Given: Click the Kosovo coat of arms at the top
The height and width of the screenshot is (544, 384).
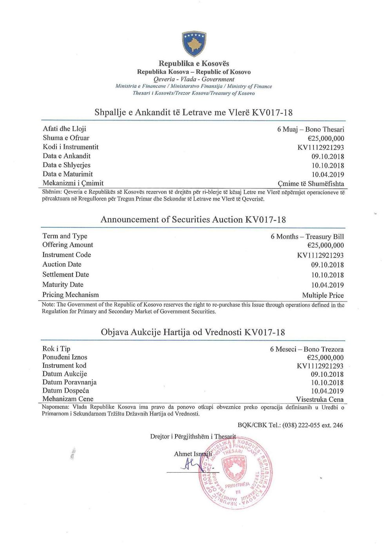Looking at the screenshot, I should (x=194, y=44).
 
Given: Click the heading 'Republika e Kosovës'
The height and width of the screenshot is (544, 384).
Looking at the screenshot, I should (x=194, y=64).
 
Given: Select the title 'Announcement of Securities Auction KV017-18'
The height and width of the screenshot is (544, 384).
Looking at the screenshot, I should (x=193, y=219).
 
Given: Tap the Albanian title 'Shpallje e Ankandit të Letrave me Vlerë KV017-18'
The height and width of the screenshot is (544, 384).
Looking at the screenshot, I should (x=194, y=113).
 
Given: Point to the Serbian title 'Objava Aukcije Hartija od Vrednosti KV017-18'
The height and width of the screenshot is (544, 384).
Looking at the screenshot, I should (x=193, y=332).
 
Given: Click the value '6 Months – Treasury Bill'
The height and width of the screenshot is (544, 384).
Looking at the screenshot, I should (x=307, y=236).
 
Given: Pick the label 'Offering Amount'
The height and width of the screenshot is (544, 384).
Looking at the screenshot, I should (x=67, y=245).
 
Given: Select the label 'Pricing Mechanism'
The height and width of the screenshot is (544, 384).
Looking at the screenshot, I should (x=71, y=295).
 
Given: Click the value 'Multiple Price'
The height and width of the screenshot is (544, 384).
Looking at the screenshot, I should (x=322, y=295).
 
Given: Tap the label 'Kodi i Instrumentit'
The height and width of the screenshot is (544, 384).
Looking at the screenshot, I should (x=71, y=147).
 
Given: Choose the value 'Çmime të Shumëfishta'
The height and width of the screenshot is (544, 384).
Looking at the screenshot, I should (x=310, y=184).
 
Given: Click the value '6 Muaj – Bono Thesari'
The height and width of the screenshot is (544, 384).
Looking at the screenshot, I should (x=310, y=130).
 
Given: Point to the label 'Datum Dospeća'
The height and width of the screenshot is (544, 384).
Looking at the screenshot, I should (x=65, y=391).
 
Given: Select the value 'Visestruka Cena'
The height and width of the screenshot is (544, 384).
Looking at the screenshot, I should (x=320, y=399).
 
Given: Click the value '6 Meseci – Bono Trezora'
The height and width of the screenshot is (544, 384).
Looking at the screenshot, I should (x=306, y=349).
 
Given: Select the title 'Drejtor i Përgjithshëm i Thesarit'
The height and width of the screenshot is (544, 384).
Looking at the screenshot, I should (x=193, y=436).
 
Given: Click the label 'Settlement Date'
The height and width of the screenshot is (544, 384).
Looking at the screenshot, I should (x=65, y=275).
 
